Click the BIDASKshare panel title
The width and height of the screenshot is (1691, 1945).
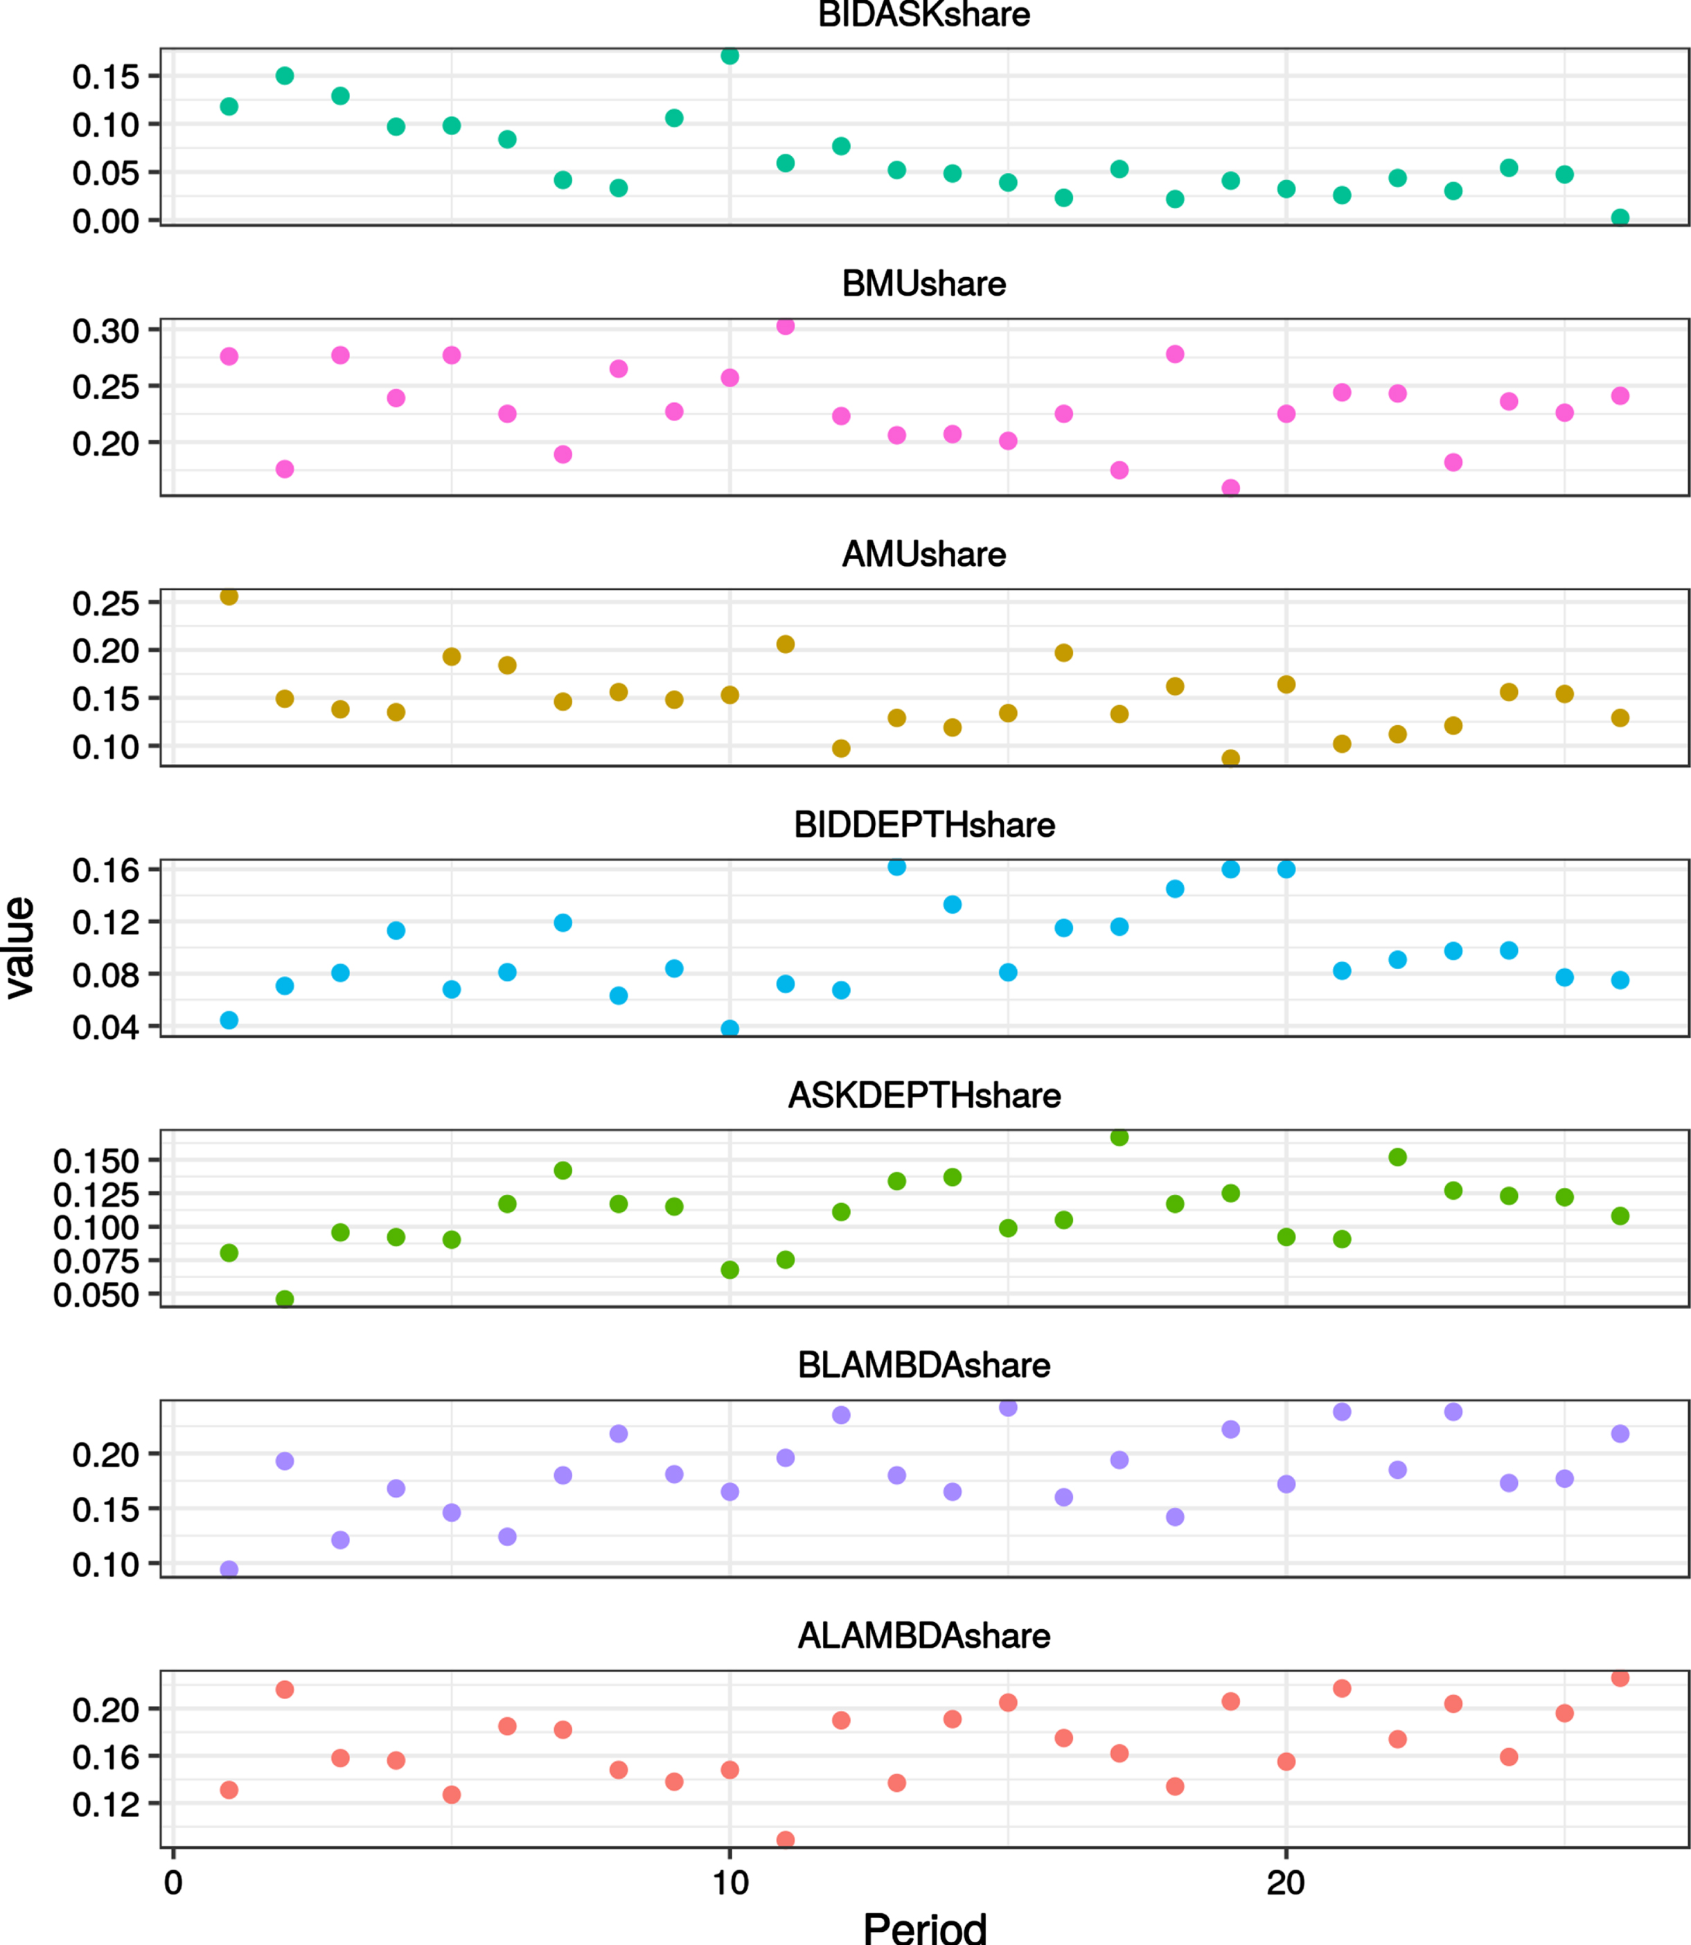tap(924, 15)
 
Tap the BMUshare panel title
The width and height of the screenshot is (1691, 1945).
tap(924, 284)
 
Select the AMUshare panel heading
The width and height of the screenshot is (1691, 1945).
tap(924, 555)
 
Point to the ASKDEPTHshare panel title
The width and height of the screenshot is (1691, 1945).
tap(924, 1096)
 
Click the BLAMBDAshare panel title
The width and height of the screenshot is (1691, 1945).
tap(924, 1365)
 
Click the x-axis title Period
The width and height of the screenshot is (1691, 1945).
tap(925, 1927)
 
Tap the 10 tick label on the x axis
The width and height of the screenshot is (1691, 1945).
tap(729, 1883)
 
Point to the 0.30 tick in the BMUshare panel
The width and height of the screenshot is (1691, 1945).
tap(106, 331)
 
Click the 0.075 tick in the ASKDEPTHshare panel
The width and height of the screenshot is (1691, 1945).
tap(96, 1261)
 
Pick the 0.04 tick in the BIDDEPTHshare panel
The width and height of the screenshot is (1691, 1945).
tap(106, 1027)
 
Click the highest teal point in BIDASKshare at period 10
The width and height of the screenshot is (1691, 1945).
tap(729, 55)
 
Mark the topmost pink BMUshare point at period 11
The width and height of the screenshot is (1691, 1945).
tap(785, 326)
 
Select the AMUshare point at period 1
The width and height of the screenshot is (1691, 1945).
tap(229, 596)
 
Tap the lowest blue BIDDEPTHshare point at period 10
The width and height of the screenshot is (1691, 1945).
tap(729, 1029)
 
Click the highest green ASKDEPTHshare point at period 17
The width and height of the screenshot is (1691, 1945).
tap(1119, 1137)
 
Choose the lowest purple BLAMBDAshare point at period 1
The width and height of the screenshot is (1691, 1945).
tap(229, 1570)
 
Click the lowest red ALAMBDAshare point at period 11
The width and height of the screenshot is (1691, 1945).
tap(785, 1839)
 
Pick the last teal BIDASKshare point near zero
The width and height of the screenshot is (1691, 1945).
tap(1620, 218)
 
